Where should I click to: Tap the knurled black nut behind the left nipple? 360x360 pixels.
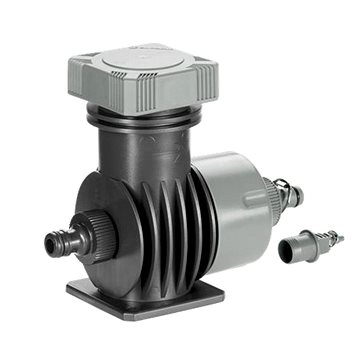pos(84,238)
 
